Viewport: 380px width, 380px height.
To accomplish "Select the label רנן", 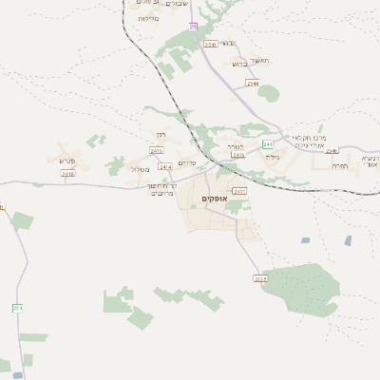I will pyautogui.click(x=161, y=136).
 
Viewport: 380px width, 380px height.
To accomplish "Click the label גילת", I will pyautogui.click(x=274, y=155).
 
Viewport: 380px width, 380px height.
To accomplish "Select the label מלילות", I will pyautogui.click(x=147, y=19).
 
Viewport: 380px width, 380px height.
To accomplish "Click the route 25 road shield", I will pyautogui.click(x=193, y=27).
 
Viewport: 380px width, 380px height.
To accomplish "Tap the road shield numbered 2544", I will pyautogui.click(x=252, y=84).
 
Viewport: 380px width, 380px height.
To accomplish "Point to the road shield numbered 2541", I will pyautogui.click(x=210, y=44).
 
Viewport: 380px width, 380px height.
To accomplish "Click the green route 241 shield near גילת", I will pyautogui.click(x=268, y=144).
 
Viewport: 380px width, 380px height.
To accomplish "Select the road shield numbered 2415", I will pyautogui.click(x=224, y=156).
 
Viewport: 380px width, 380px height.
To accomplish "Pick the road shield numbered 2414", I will pyautogui.click(x=166, y=167).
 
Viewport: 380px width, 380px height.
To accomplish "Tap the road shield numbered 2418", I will pyautogui.click(x=67, y=174).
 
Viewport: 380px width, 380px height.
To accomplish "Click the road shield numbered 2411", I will pyautogui.click(x=239, y=191).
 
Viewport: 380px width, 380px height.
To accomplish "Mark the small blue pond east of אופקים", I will pyautogui.click(x=306, y=240).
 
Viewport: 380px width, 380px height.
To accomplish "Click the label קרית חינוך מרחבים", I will pyautogui.click(x=169, y=188).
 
